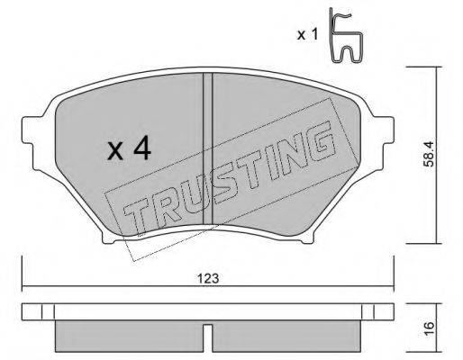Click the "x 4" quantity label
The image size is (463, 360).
[x=129, y=149]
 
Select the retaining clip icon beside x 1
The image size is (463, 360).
[x=346, y=37]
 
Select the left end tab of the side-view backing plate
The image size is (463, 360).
[x=32, y=314]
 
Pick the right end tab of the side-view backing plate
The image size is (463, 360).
[x=379, y=314]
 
